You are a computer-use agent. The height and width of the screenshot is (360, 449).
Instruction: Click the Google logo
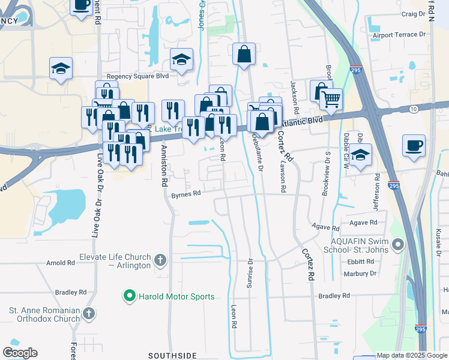click(20, 353)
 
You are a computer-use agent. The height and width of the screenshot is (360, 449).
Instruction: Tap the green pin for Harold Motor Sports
click(128, 296)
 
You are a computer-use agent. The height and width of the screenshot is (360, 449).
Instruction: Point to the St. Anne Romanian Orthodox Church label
click(44, 314)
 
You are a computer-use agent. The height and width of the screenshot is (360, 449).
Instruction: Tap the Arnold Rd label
click(61, 263)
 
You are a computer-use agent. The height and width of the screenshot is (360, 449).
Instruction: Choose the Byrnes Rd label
click(185, 195)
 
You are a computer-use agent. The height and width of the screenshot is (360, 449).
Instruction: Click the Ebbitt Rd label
click(360, 262)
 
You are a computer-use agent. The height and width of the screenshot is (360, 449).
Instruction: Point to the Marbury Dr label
click(361, 274)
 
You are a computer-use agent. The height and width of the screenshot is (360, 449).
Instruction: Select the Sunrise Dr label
click(251, 274)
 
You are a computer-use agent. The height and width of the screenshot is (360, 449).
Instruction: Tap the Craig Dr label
click(414, 14)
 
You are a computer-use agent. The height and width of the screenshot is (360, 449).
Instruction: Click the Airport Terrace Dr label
click(399, 35)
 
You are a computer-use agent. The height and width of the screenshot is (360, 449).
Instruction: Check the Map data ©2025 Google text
click(412, 356)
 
